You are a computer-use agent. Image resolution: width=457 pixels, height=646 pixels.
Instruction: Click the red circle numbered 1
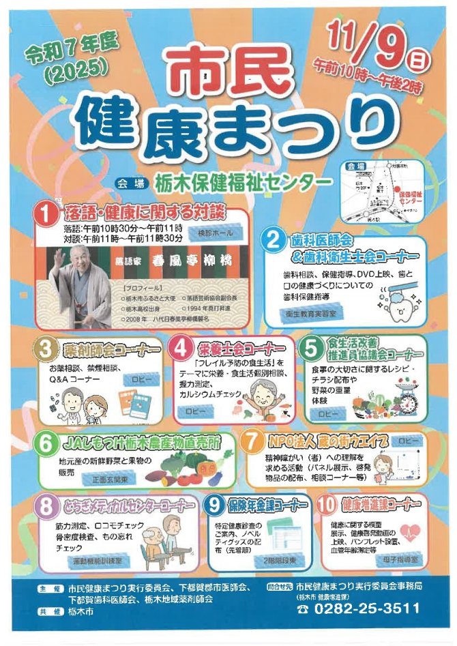coord(47,216)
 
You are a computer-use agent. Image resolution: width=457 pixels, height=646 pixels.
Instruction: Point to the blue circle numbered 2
coord(274,240)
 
